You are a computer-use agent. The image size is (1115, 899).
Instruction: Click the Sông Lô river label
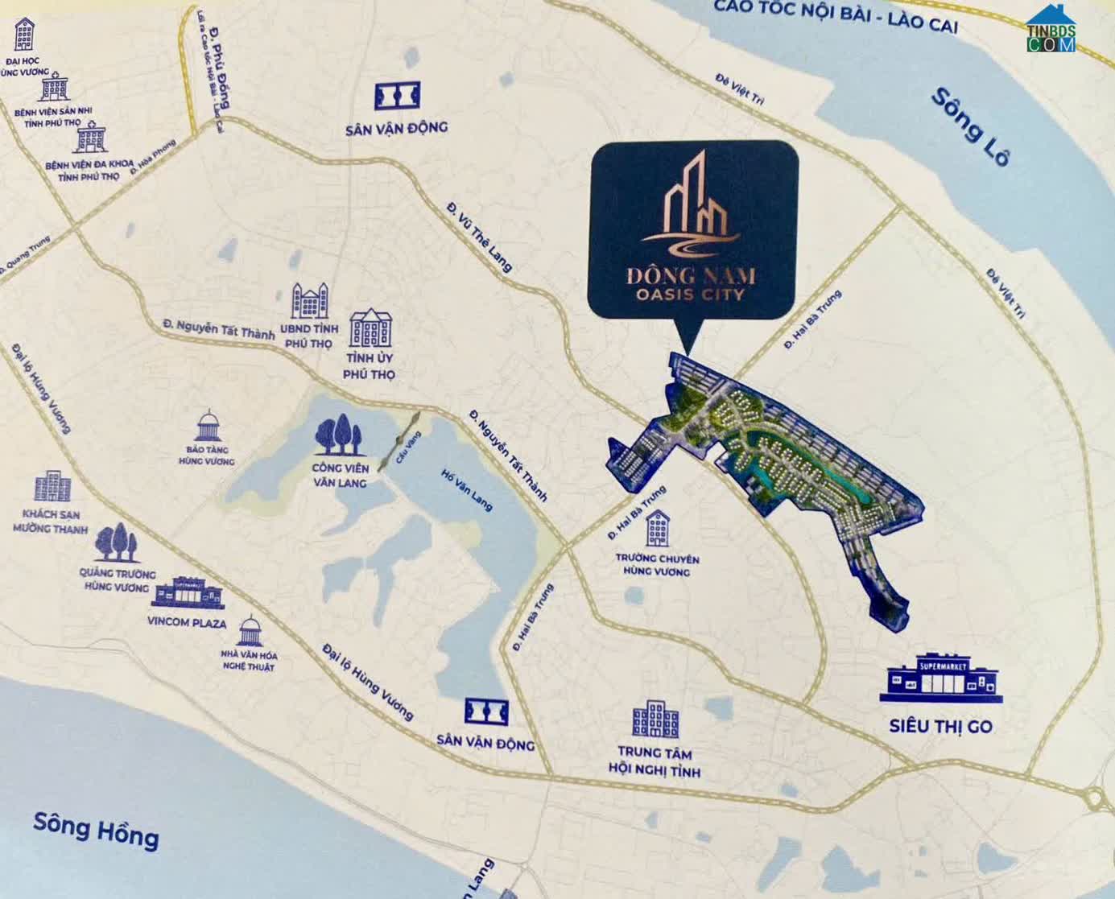pos(969,126)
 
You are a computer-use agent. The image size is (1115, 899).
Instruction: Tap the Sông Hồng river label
pos(96,831)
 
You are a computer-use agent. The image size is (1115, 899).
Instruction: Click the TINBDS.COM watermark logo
pos(1051,31)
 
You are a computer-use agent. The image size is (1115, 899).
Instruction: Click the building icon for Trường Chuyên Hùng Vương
pos(658,528)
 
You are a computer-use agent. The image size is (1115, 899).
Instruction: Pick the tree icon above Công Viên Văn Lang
pos(338,435)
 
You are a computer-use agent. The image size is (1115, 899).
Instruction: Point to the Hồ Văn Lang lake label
pos(466,489)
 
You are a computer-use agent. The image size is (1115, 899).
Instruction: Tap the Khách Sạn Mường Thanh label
pos(51,522)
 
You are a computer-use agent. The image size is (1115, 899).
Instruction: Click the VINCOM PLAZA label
pos(187,623)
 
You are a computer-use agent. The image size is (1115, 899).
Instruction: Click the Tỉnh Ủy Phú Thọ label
pos(370,366)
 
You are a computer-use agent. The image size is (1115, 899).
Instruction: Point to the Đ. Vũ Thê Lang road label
pos(479,237)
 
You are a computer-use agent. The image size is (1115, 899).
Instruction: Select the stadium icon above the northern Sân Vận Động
pos(397,96)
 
